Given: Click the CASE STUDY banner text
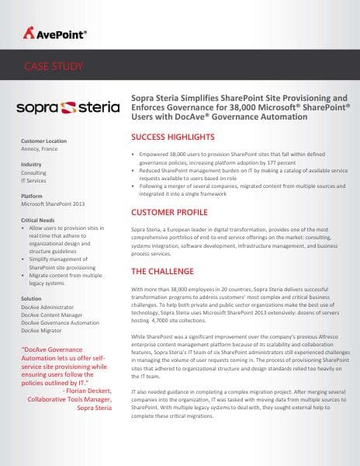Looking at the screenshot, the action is pos(54,66).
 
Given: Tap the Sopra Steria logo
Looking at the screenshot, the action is pos(68,105).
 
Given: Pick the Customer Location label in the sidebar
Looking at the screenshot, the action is pos(43,141).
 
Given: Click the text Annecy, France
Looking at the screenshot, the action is pos(40,149).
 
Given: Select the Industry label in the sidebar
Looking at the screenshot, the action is pos(32,165).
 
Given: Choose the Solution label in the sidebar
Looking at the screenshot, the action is pos(32,299).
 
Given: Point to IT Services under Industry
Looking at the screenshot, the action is pos(36,181).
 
